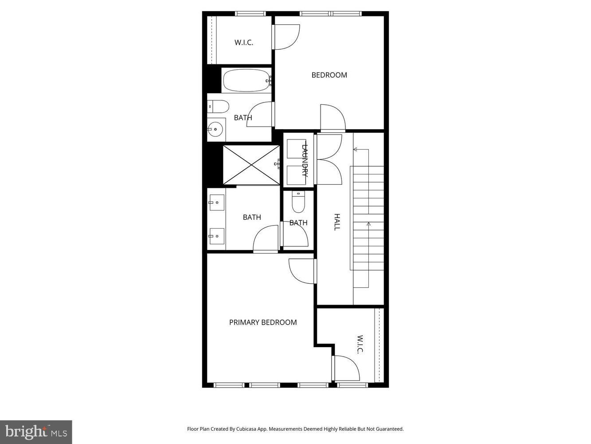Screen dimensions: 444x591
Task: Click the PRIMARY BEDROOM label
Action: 262,322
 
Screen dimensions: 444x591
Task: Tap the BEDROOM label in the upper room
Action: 329,75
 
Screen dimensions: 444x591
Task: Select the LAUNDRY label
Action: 305,160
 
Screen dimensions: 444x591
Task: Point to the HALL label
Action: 337,222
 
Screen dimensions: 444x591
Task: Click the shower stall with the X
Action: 251,165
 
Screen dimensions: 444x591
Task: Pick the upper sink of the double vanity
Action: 217,203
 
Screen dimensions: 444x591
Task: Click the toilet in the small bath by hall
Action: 298,202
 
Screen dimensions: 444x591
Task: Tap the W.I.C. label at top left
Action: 243,43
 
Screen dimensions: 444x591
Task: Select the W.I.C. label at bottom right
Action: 360,345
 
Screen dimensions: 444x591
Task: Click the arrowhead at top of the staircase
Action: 356,150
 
